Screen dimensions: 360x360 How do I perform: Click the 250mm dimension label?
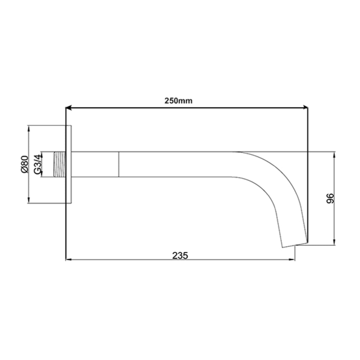pos(179,101)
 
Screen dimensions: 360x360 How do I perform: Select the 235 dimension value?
pos(180,255)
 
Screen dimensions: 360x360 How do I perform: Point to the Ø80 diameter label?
pos(24,164)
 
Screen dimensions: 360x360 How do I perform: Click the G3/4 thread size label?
pos(37,164)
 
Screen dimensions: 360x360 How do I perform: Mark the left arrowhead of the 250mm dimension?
pos(68,107)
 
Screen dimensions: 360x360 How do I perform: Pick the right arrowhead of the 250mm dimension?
pos(305,107)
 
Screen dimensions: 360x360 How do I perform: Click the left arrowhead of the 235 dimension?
pos(68,259)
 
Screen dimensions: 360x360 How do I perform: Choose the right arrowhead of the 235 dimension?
pos(292,259)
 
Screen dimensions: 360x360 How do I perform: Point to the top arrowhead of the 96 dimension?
pos(334,154)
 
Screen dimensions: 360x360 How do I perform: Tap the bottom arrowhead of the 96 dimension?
pos(334,243)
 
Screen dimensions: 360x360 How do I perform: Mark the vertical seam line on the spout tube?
pos(118,164)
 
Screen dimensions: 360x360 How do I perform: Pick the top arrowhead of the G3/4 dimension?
pos(42,153)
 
